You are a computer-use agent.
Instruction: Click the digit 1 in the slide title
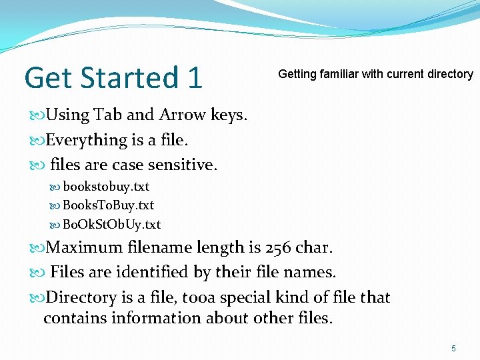194,77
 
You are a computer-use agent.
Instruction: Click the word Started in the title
127,77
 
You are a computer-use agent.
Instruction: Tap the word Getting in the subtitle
297,74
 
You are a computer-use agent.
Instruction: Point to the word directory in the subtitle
446,74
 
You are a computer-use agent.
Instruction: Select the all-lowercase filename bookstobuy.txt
106,187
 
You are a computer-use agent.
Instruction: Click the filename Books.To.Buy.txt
108,205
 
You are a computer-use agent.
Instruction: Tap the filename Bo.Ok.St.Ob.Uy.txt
111,225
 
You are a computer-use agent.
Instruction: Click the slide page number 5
454,349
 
